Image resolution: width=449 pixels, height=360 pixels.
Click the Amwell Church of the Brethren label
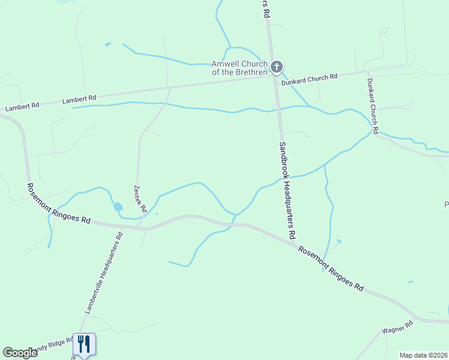(239, 68)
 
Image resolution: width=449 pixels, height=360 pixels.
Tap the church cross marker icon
(276, 67)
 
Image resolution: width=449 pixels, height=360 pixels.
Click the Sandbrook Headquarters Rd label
(288, 188)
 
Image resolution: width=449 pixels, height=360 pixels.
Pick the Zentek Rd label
(140, 199)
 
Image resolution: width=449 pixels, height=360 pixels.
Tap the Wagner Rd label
(397, 328)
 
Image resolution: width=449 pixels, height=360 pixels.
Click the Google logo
(20, 353)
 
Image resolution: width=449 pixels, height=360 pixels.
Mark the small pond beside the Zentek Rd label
(117, 207)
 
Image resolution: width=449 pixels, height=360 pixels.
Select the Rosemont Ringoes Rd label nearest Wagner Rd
(331, 269)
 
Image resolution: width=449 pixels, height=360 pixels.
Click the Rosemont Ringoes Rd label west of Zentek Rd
(58, 203)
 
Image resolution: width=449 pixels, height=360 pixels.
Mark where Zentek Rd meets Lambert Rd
(170, 88)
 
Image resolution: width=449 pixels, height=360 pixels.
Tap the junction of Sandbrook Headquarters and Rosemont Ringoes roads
(295, 242)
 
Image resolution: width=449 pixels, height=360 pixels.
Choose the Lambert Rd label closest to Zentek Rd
(79, 98)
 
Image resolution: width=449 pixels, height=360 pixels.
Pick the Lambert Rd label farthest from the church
(22, 106)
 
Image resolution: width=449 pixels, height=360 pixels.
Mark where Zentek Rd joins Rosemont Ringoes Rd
(139, 227)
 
